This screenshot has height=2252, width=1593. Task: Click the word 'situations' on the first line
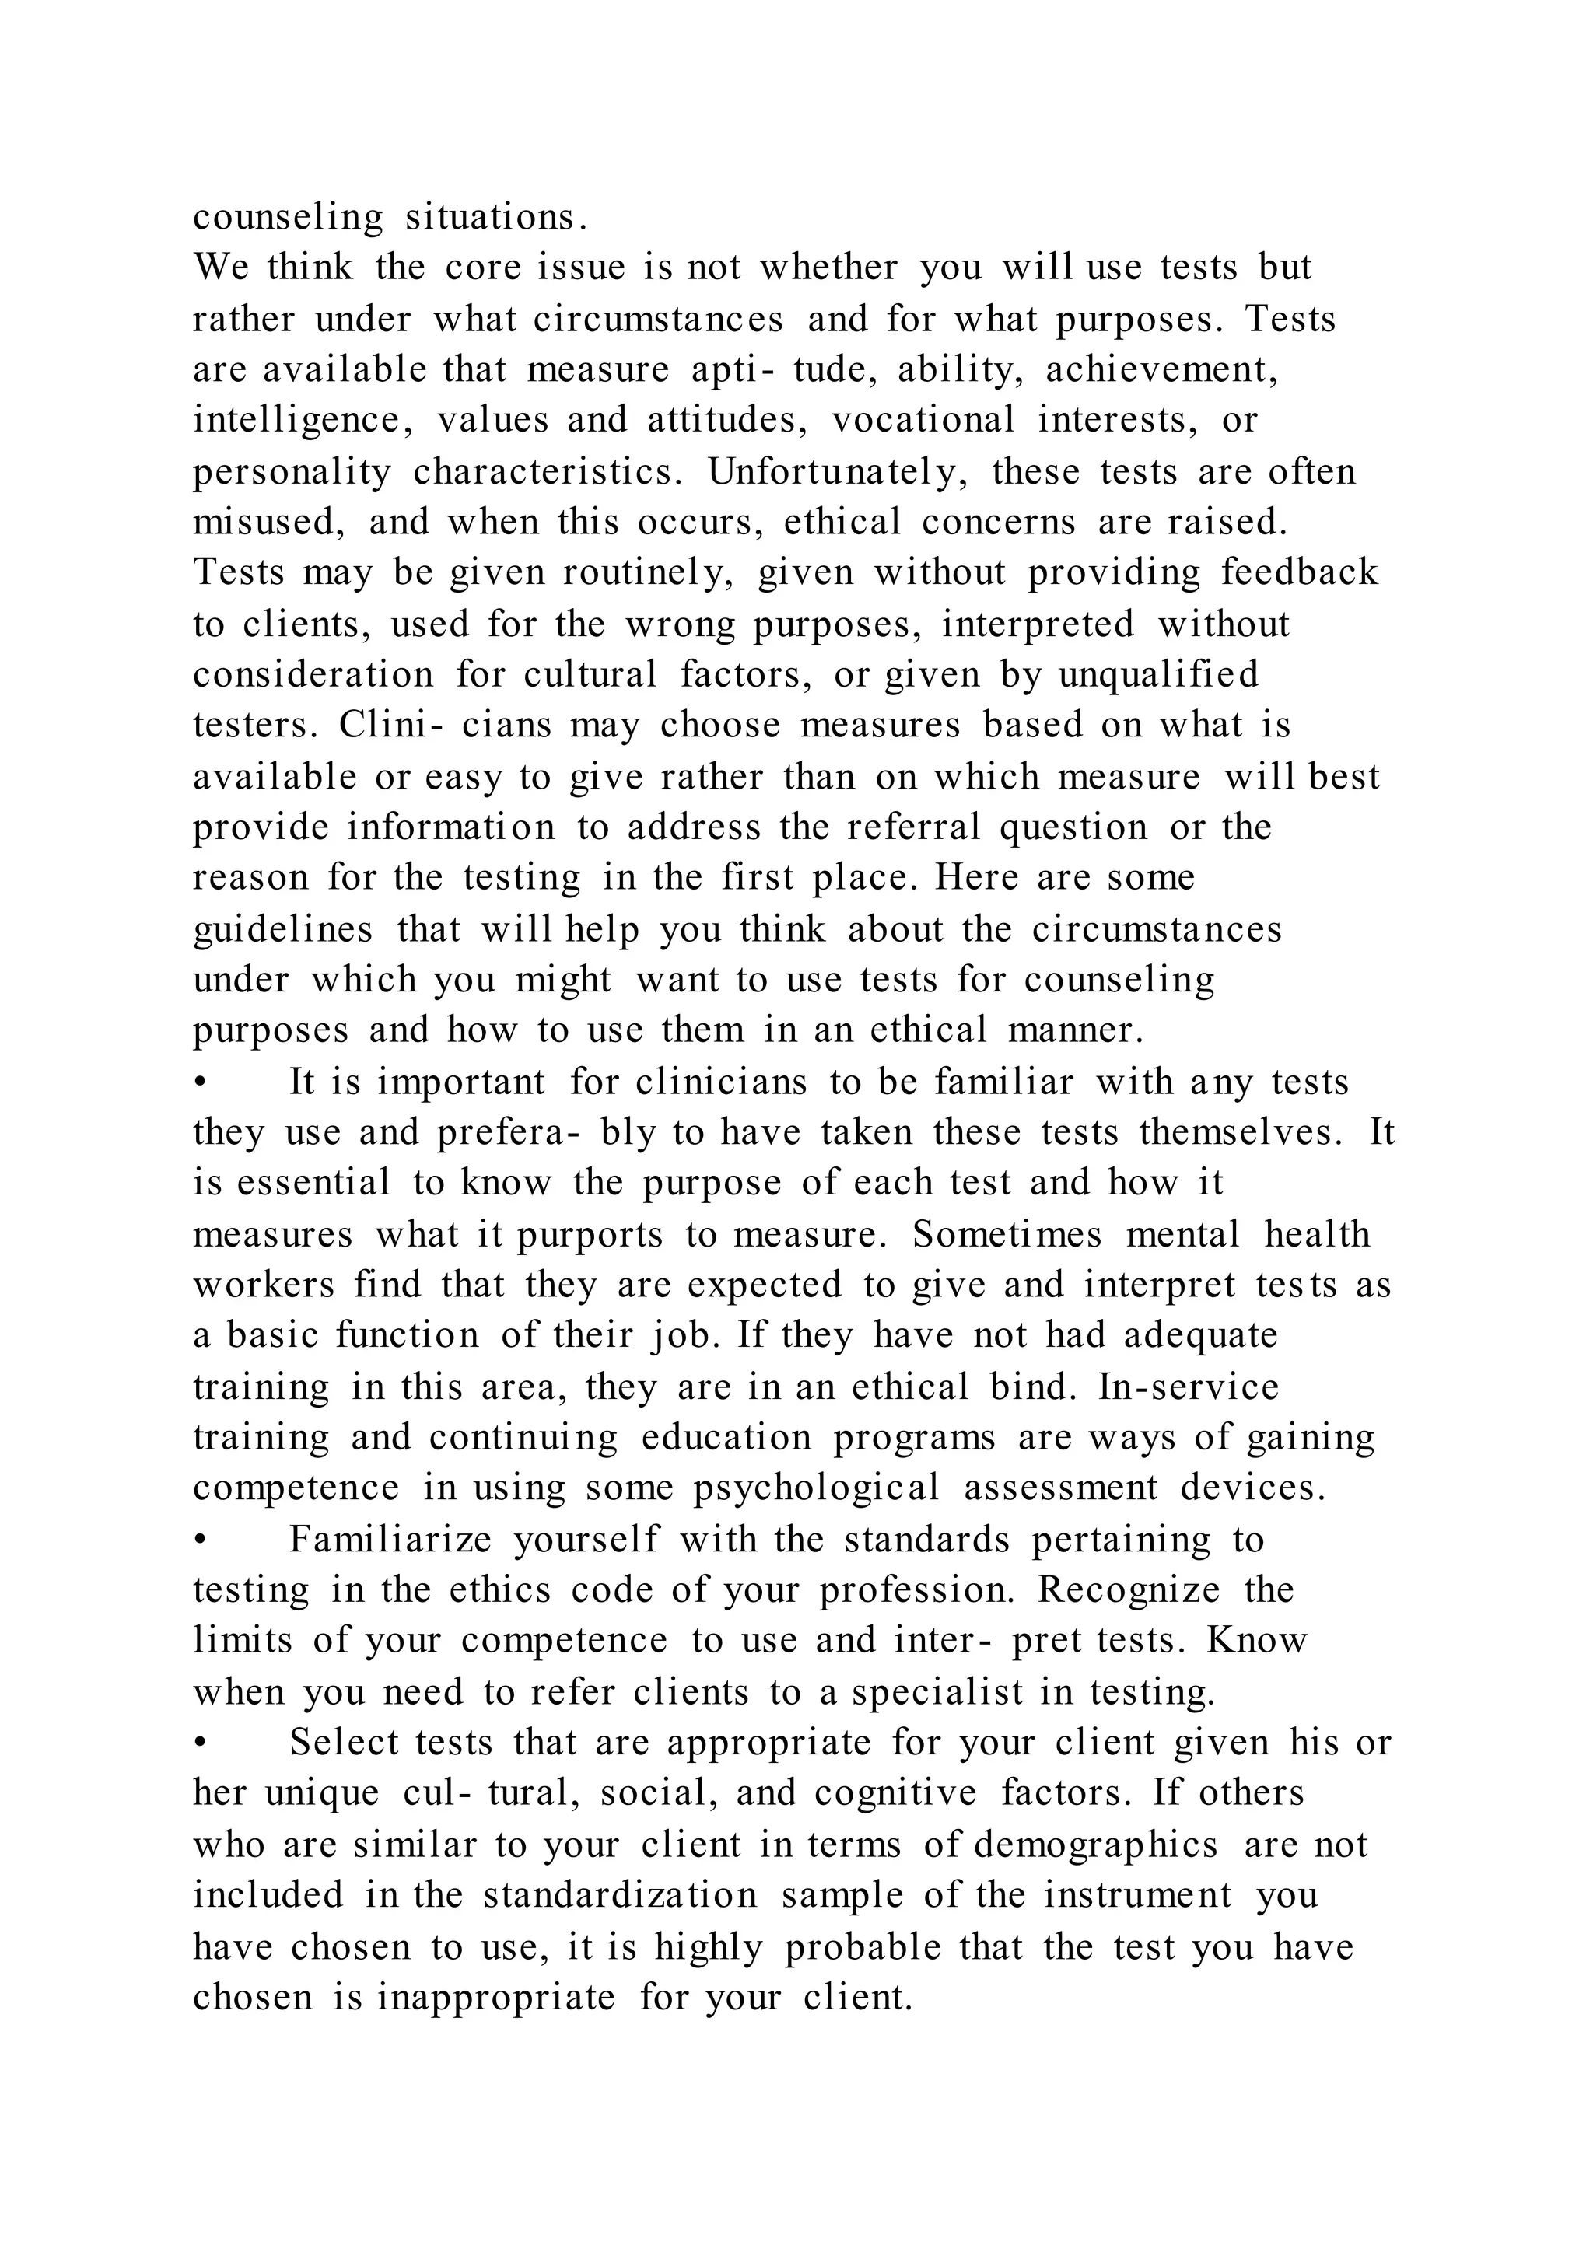[496, 218]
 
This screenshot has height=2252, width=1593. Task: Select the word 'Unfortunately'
[839, 472]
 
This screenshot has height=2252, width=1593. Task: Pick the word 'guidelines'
[282, 928]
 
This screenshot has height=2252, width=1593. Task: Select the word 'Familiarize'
[390, 1540]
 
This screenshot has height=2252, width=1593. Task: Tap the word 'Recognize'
[1129, 1590]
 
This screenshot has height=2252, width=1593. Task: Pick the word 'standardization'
[620, 1895]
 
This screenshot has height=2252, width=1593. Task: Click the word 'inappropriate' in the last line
[496, 1997]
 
